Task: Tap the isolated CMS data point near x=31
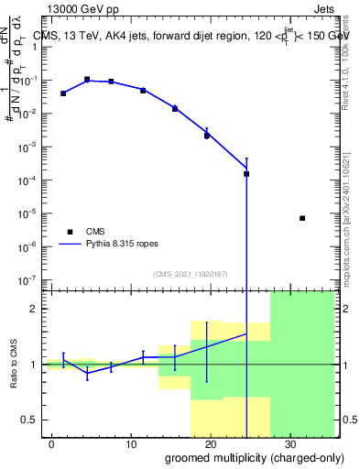[302, 218]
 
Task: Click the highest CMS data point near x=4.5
[87, 80]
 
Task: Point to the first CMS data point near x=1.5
[63, 93]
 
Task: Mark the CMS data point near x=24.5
[246, 173]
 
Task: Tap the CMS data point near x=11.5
[143, 91]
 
